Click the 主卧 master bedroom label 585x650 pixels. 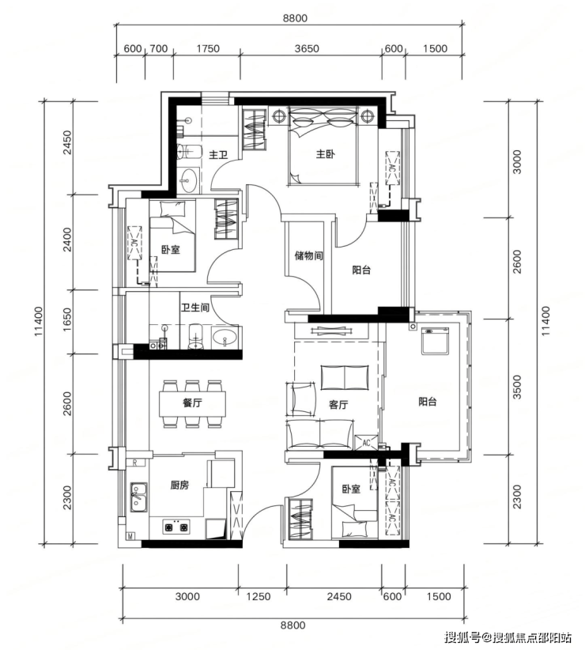[325, 154]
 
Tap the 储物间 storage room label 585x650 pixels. [308, 255]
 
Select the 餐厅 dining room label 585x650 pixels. [192, 402]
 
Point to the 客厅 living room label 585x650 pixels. [338, 405]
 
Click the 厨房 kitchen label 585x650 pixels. [179, 485]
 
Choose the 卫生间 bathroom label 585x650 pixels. [194, 308]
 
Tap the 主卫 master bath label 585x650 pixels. [218, 155]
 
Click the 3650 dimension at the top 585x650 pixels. [307, 48]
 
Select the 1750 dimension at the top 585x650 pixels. [208, 48]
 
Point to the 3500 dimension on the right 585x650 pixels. [517, 387]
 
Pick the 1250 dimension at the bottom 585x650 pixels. [259, 596]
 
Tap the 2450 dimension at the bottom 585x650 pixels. [339, 596]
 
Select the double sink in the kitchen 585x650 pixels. [139, 497]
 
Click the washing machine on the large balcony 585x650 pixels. [435, 341]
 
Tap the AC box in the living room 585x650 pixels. [366, 443]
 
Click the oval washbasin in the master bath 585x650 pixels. [190, 181]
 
